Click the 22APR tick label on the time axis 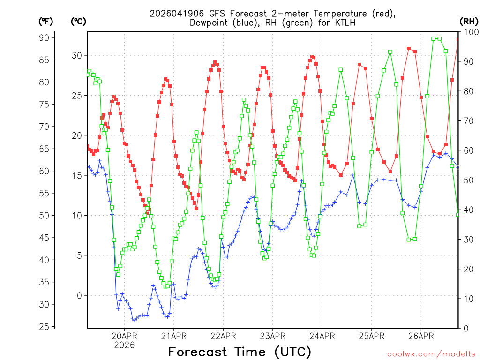(223, 336)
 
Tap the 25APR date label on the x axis (371, 336)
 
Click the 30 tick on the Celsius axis (76, 55)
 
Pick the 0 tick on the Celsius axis (79, 295)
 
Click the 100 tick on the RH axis (469, 32)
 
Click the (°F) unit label (46, 21)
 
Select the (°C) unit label (79, 21)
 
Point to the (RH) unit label (469, 21)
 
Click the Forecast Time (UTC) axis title (240, 352)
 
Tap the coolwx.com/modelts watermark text (431, 353)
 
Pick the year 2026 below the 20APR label (124, 345)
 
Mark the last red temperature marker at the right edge (458, 40)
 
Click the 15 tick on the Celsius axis (76, 175)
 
